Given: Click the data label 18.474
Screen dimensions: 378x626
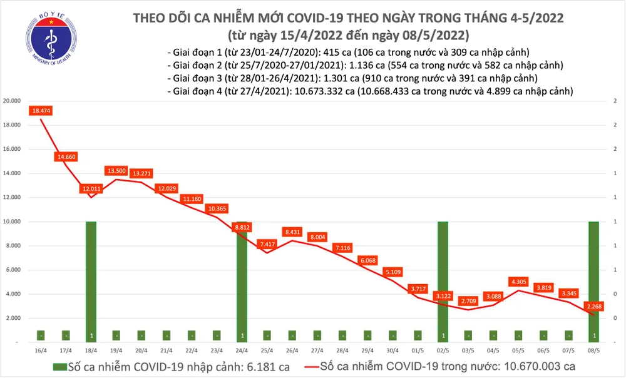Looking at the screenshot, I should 40,111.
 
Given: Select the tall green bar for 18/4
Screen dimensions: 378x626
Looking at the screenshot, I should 91,282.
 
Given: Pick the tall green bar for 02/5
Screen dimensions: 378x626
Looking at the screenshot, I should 443,282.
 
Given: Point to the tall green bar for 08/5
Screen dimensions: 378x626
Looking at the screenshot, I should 593,282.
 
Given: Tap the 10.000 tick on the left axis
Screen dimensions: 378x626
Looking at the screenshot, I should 13,222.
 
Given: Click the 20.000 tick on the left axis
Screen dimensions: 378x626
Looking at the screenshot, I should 13,101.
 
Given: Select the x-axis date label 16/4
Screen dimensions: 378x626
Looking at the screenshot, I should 41,351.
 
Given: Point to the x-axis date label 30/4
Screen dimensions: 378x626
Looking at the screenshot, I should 393,351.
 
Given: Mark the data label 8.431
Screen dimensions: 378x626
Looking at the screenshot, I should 292,232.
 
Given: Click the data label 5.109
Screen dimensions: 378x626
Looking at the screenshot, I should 393,272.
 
